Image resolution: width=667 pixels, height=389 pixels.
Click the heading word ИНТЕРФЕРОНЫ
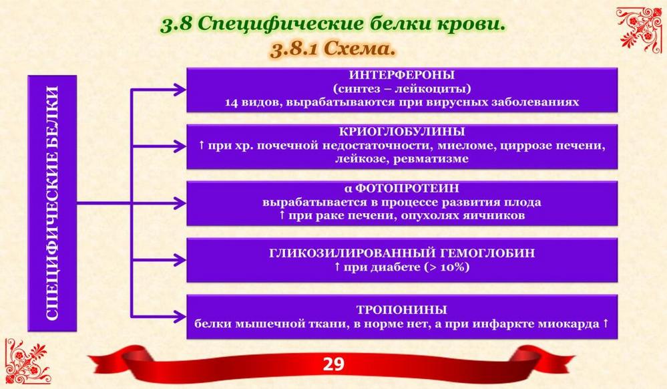coord(401,75)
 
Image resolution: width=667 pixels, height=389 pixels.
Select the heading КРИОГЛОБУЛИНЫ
coord(402,131)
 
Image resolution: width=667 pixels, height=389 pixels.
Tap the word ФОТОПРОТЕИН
coord(407,188)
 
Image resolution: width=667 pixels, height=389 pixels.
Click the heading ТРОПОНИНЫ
coord(402,309)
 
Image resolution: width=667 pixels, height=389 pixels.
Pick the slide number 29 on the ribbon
coord(334,364)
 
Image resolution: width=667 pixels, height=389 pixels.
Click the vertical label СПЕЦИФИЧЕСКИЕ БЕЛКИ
coord(52,203)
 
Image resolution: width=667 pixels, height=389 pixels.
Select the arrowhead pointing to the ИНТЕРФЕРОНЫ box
coord(179,90)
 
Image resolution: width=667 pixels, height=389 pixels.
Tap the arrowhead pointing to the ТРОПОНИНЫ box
coord(179,317)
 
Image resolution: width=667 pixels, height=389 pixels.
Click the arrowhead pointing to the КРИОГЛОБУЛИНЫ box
coord(179,146)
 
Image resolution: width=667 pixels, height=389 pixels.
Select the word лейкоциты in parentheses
coord(431,89)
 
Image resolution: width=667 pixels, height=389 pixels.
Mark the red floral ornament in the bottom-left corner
coord(27,362)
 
